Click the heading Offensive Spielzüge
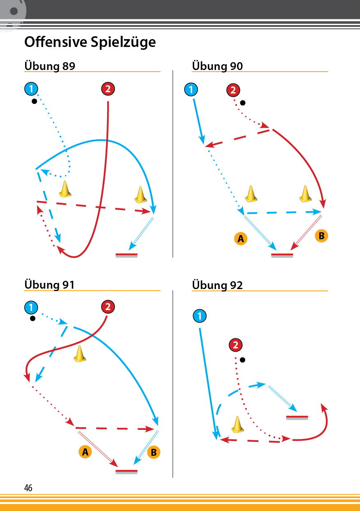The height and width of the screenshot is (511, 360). tap(90, 42)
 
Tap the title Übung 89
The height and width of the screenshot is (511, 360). tap(50, 66)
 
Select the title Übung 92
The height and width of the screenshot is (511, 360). tap(217, 285)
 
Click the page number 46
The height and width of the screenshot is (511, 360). tap(28, 488)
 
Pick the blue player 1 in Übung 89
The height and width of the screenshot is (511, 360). tap(31, 89)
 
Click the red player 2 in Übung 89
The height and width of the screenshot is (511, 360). tap(108, 89)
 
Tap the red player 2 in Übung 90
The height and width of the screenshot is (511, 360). tap(233, 90)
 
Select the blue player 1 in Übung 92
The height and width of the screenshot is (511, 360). tap(200, 316)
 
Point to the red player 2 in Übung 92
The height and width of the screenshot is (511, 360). tap(235, 345)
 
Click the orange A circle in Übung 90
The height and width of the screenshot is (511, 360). tap(241, 239)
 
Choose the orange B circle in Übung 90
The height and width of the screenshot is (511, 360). tap(321, 236)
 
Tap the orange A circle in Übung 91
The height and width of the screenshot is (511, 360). tap(85, 452)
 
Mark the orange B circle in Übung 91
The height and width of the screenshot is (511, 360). tap(153, 452)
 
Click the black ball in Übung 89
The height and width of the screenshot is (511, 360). tap(34, 101)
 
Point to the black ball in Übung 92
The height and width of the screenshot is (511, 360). tap(243, 360)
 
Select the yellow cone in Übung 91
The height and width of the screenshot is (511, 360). tap(80, 354)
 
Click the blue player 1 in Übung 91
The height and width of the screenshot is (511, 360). tap(31, 307)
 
